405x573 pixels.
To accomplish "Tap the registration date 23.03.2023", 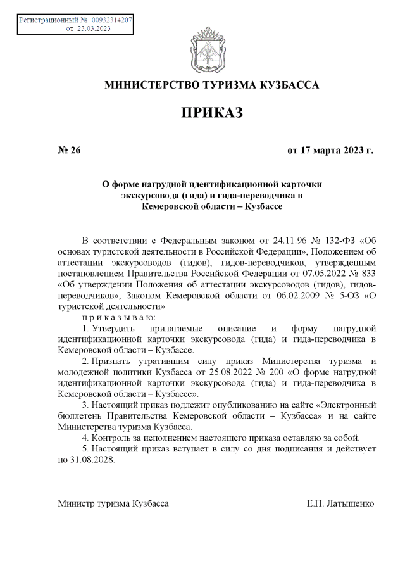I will pos(94,28).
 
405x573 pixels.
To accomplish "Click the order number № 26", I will pos(69,151).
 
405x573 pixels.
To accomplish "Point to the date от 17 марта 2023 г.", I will pos(330,151).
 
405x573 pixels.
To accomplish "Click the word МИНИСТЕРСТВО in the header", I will pos(146,85).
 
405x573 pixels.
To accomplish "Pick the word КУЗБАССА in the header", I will pos(290,85).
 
